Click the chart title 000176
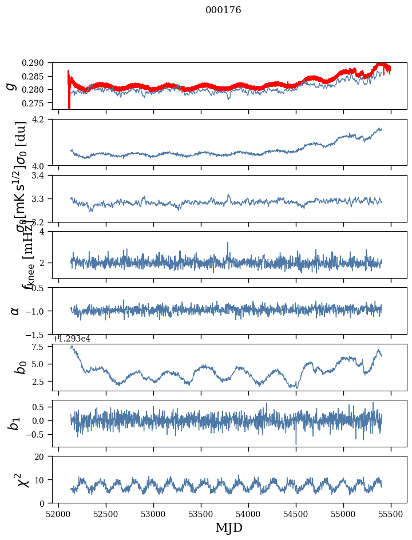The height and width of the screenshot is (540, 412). (x=223, y=10)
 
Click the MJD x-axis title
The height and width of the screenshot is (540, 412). (x=229, y=528)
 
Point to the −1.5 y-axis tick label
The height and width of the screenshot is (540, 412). (x=38, y=334)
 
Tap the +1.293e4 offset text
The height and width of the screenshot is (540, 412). (x=72, y=339)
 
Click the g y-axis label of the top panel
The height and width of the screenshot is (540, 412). (x=10, y=86)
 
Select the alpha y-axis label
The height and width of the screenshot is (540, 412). (x=15, y=311)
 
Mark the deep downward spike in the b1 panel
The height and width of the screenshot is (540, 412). (x=296, y=443)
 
